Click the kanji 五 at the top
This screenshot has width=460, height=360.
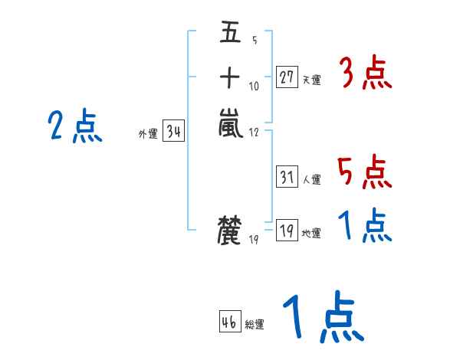230,34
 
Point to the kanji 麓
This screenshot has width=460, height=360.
230,231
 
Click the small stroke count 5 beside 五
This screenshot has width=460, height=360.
254,41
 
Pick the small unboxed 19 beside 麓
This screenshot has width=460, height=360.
254,241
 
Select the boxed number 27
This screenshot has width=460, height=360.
287,77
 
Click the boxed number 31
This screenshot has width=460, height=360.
287,177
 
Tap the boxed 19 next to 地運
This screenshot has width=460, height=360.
287,231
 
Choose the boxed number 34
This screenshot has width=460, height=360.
174,132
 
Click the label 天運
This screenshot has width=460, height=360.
311,80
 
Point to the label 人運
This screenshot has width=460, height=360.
311,180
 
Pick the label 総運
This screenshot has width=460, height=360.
255,325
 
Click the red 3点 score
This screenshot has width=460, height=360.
365,75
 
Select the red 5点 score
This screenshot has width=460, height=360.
365,172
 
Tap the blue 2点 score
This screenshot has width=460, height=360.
74,126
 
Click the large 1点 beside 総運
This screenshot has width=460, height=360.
322,318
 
